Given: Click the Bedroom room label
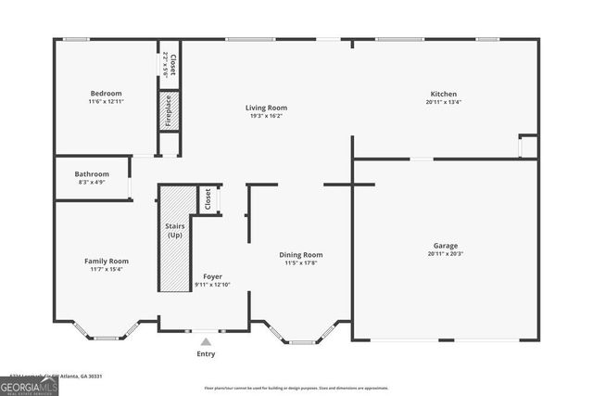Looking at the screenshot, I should tap(106, 93).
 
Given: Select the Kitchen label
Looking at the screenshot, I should tap(443, 93).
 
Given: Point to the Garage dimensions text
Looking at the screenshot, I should tap(445, 254).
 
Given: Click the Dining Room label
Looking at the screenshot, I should tap(301, 254).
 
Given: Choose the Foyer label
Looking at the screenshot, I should tap(212, 276).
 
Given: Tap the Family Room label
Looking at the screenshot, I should tap(106, 261).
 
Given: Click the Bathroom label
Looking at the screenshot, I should tap(92, 173).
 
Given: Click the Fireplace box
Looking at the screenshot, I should tap(169, 109).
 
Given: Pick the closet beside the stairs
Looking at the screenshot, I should tap(208, 198).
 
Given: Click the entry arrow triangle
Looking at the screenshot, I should tap(206, 341).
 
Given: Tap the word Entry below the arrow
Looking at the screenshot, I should tap(206, 353).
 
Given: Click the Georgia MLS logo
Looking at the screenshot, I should tap(29, 385).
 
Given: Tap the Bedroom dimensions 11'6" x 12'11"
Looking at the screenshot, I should tap(106, 101).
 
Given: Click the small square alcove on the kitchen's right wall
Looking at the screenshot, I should tap(527, 146).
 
